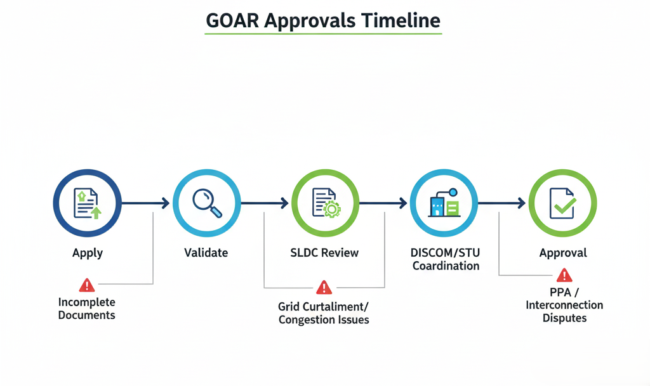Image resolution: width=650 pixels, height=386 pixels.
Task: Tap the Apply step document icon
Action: point(88,203)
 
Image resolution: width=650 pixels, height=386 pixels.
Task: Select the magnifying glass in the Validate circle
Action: point(206,203)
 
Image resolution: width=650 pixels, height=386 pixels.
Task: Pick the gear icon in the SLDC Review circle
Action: point(331,210)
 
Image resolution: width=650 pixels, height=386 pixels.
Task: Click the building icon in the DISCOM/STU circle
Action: point(444,204)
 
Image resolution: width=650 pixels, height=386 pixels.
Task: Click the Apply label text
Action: point(88,253)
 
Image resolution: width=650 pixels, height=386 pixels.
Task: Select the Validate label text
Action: point(206,253)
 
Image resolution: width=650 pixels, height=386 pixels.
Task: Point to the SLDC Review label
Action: point(324,253)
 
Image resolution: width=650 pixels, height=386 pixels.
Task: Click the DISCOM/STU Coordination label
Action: point(446,259)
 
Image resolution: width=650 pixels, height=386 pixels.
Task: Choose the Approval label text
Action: point(563,253)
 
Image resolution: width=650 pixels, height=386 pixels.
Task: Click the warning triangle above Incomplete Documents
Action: point(87,285)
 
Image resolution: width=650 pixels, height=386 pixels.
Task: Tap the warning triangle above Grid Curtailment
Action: point(324,288)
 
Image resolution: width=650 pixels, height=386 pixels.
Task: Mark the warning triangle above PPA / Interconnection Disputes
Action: point(564,275)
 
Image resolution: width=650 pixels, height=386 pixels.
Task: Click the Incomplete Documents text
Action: point(87,309)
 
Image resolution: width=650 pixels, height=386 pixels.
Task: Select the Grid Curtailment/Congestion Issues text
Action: point(324,313)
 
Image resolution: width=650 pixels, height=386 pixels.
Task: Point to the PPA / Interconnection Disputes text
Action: point(564,305)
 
